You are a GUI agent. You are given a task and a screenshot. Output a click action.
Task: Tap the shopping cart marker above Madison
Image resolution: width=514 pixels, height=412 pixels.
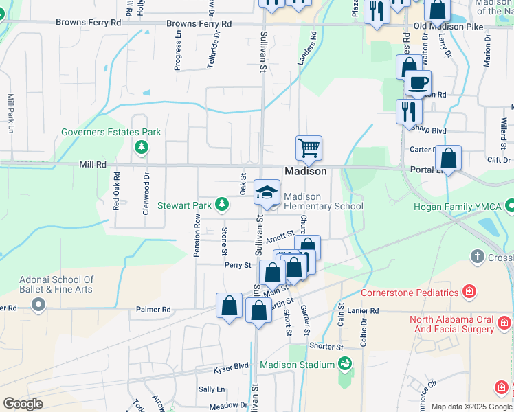309,148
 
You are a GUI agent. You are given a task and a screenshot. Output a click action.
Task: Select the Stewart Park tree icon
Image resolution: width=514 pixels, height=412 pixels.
222,204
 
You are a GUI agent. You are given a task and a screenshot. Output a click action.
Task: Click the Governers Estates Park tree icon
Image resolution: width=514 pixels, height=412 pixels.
142,146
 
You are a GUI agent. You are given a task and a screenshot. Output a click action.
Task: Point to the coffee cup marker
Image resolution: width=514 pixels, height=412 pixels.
417,83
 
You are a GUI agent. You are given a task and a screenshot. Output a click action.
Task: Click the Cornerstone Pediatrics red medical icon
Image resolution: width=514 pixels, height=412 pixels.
469,292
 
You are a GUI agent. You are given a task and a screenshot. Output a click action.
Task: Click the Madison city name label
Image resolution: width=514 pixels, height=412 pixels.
306,171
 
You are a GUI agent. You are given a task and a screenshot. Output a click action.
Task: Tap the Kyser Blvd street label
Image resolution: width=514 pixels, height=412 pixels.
232,366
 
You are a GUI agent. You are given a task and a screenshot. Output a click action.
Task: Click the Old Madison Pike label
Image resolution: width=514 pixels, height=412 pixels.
449,27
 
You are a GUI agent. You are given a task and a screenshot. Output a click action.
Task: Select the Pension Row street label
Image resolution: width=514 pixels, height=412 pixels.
197,236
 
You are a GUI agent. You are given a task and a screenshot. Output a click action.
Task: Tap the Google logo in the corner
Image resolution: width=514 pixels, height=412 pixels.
22,403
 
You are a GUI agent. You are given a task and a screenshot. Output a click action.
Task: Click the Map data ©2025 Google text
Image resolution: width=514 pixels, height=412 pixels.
471,407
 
